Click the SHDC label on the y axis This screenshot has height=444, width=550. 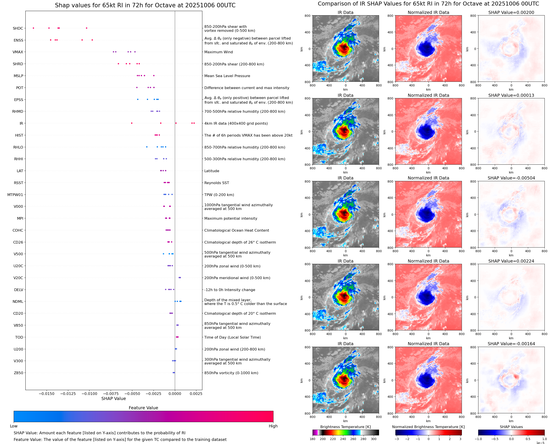coord(18,28)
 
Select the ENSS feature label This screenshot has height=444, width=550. coord(18,40)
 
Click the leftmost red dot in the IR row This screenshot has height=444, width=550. coord(132,123)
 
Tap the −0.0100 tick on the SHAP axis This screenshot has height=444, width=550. coord(89,394)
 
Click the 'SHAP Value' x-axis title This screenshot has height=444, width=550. coord(114,398)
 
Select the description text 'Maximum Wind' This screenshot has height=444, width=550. coord(218,52)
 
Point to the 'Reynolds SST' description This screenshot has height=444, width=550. coord(216,183)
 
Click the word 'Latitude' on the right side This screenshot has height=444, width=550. coord(212,171)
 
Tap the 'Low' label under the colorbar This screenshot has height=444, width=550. coord(14,426)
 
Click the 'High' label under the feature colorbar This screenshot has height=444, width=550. coord(273,426)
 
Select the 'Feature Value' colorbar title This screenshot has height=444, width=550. coord(143,408)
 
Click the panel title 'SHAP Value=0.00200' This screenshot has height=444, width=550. coord(511,13)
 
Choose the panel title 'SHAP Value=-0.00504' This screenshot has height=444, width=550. coord(511,178)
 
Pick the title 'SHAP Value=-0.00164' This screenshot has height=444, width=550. coord(511,344)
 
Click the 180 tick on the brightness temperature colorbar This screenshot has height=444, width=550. coord(313,439)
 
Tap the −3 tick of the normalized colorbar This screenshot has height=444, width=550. coord(396,439)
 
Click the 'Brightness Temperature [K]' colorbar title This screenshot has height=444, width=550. coord(345,427)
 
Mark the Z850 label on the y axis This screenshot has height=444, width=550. coord(18,373)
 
